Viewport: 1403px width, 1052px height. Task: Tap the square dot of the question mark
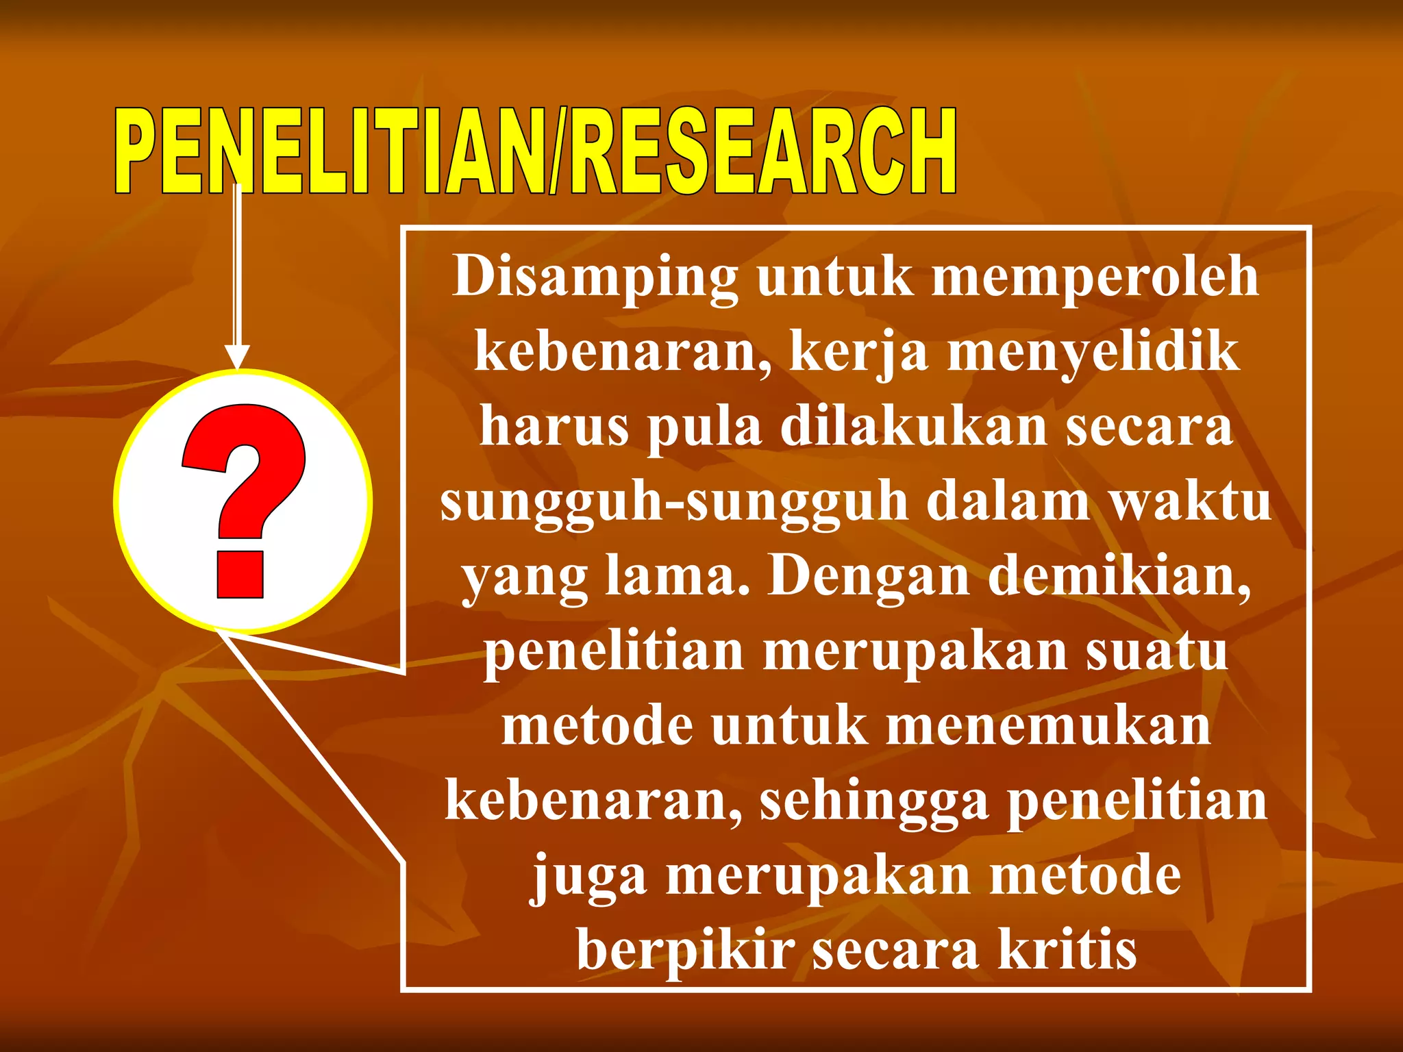(240, 574)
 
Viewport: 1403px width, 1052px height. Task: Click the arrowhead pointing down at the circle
(237, 357)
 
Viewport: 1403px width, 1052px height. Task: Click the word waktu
(1190, 502)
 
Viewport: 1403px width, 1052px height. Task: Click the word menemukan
(1048, 727)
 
